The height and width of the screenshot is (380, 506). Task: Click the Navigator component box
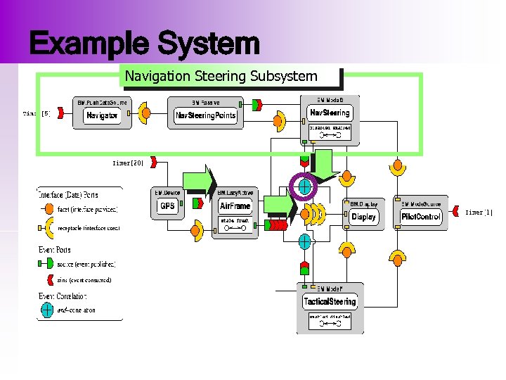[x=102, y=115]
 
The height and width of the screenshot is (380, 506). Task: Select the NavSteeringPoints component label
[x=206, y=115]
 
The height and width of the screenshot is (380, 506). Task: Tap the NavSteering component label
[x=330, y=113]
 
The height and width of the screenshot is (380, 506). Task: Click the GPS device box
[x=167, y=206]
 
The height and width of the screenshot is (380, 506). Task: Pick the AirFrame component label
[x=235, y=206]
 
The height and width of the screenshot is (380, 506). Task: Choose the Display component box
[x=363, y=217]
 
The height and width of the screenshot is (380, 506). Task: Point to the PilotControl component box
[x=421, y=217]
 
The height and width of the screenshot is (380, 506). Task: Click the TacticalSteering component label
[x=330, y=302]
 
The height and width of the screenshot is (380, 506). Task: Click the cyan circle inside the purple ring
[x=304, y=186]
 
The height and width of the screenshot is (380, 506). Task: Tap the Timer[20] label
[x=128, y=163]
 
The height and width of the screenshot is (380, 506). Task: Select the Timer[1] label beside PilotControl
[x=484, y=212]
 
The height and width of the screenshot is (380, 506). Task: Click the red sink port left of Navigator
[x=59, y=113]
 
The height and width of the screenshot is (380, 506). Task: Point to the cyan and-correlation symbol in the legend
[x=47, y=309]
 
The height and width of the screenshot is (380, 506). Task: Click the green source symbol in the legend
[x=47, y=264]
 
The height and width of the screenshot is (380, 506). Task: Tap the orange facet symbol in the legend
[x=48, y=209]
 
